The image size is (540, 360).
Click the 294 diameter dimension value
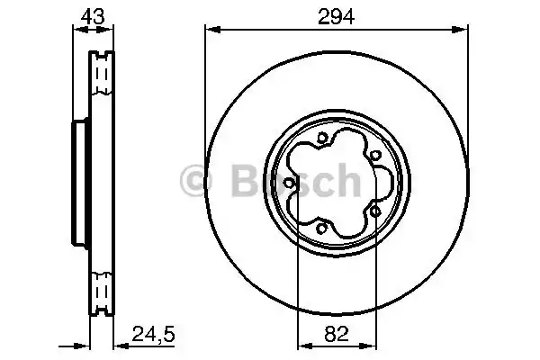click(x=336, y=15)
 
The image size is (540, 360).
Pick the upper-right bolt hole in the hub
click(x=373, y=155)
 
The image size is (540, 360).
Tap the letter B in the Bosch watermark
click(x=245, y=182)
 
